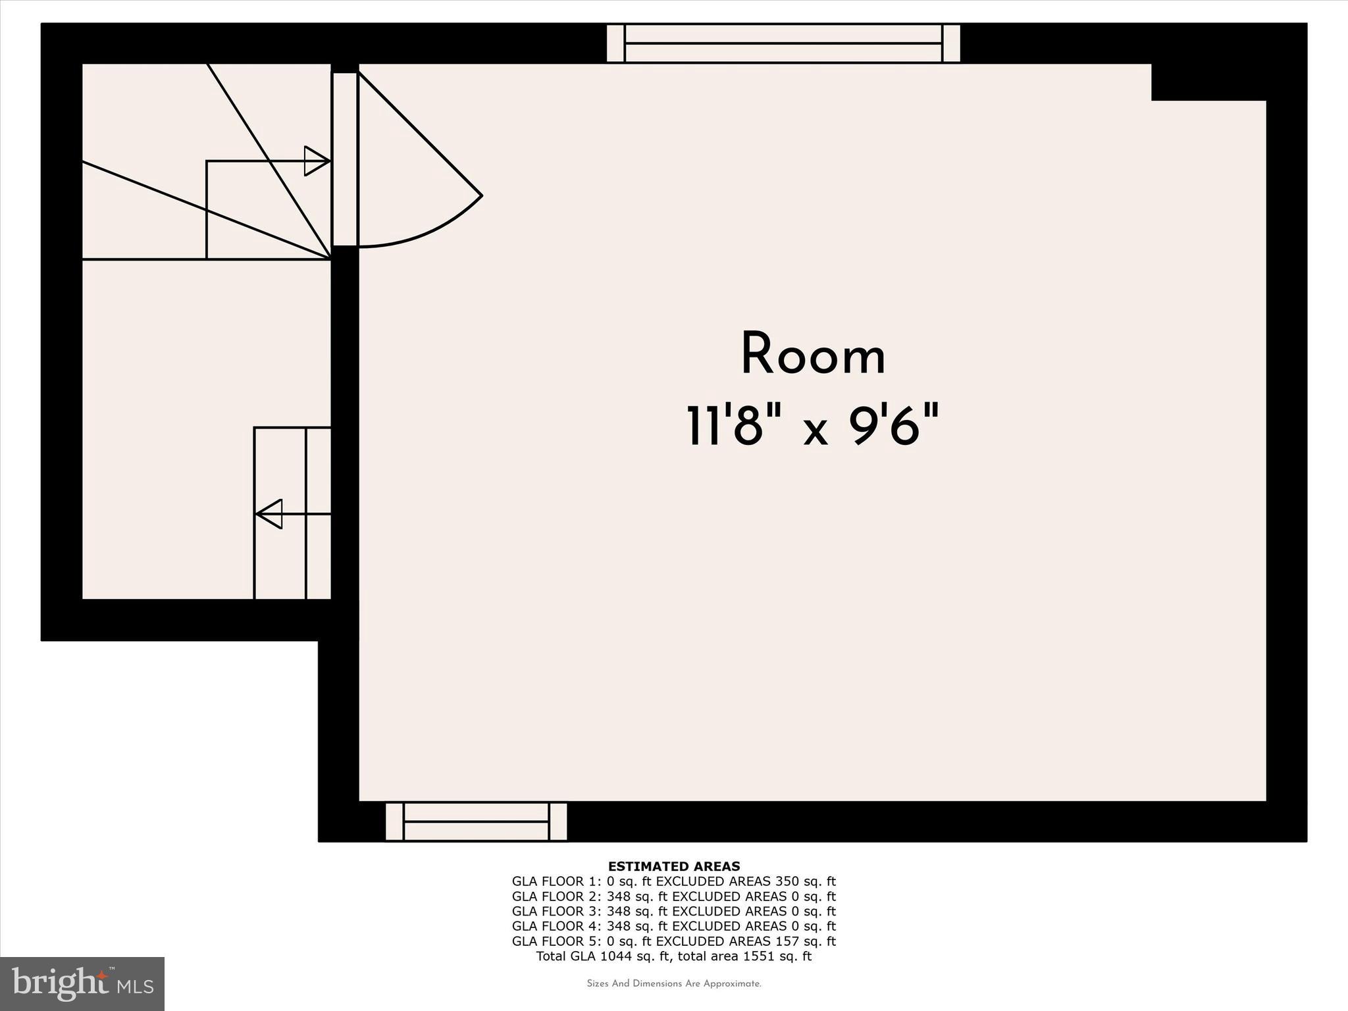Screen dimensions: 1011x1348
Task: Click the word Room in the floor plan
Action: click(813, 355)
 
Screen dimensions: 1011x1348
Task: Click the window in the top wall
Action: click(783, 43)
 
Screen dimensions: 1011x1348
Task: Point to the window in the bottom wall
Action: click(476, 821)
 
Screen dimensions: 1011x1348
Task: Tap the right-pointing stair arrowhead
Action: click(317, 161)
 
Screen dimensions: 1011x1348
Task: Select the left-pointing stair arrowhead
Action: click(269, 514)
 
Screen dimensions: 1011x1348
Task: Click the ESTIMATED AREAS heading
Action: click(674, 866)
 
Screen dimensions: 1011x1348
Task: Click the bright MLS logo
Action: click(82, 983)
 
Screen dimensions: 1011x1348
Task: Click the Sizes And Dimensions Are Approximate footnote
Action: click(674, 984)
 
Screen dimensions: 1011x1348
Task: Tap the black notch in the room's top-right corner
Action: click(1208, 82)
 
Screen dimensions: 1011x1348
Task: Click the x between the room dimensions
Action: click(815, 431)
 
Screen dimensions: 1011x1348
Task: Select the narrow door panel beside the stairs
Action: click(344, 159)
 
